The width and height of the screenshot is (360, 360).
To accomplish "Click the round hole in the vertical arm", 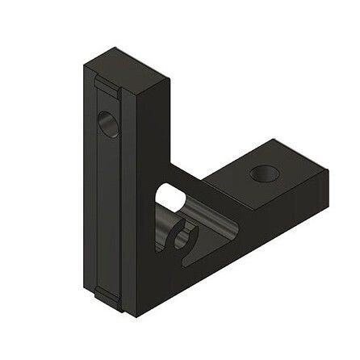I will pyautogui.click(x=108, y=123).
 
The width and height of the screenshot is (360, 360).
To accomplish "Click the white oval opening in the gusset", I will pyautogui.click(x=168, y=197).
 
